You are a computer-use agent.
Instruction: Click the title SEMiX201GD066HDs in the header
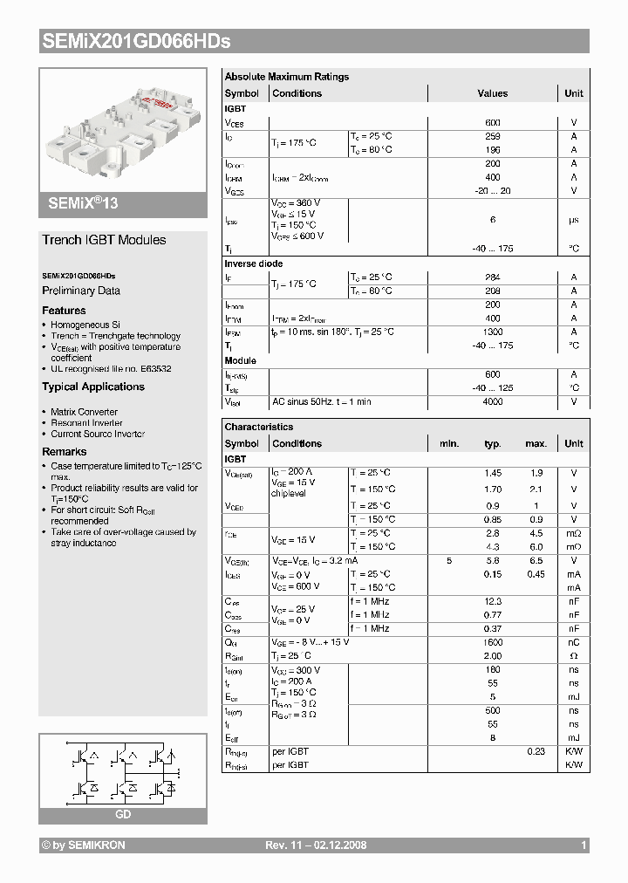pyautogui.click(x=136, y=41)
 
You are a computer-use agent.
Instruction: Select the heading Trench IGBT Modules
pyautogui.click(x=104, y=240)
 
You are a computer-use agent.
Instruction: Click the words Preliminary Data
pyautogui.click(x=81, y=291)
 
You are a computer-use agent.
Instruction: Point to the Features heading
pyautogui.click(x=64, y=311)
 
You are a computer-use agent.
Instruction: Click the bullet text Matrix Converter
pyautogui.click(x=84, y=412)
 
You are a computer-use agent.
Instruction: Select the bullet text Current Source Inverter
pyautogui.click(x=98, y=434)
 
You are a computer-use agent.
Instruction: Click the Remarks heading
pyautogui.click(x=65, y=452)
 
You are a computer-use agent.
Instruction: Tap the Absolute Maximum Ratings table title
pyautogui.click(x=286, y=77)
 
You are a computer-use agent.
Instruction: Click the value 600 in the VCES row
pyautogui.click(x=493, y=123)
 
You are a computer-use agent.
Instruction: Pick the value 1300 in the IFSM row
pyautogui.click(x=493, y=332)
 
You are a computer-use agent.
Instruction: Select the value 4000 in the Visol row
pyautogui.click(x=493, y=401)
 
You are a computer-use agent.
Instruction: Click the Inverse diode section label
pyautogui.click(x=254, y=264)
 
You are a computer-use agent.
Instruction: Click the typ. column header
pyautogui.click(x=493, y=443)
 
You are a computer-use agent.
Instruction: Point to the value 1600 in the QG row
pyautogui.click(x=493, y=642)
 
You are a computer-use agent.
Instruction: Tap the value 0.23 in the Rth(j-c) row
pyautogui.click(x=536, y=751)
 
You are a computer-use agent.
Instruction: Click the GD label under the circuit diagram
pyautogui.click(x=123, y=814)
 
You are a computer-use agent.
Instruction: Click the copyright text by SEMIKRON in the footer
pyautogui.click(x=84, y=845)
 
